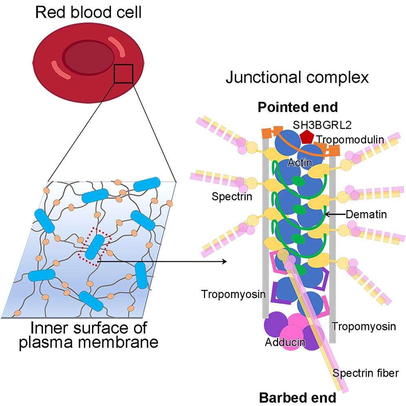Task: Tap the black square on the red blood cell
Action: [x=123, y=74]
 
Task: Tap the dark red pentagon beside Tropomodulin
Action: [x=306, y=137]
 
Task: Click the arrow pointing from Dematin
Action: [x=334, y=213]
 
